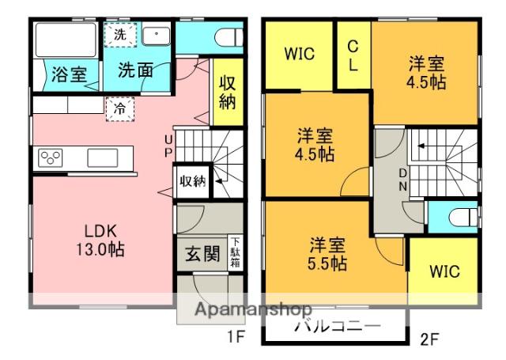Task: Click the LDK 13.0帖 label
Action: click(x=100, y=241)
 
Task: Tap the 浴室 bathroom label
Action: click(x=70, y=74)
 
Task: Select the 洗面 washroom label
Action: click(x=135, y=70)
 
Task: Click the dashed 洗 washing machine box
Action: click(x=120, y=34)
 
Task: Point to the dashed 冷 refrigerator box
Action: click(x=120, y=109)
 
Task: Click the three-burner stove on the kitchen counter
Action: click(x=50, y=158)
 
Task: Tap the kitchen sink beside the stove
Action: click(x=103, y=158)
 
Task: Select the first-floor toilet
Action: click(x=228, y=38)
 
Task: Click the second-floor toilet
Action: click(x=463, y=218)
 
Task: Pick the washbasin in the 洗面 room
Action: click(x=157, y=36)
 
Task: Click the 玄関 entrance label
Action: click(x=202, y=254)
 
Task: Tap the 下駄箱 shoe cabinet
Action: click(x=236, y=252)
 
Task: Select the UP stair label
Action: click(x=168, y=146)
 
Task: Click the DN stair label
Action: click(x=402, y=180)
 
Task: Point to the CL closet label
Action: click(x=353, y=56)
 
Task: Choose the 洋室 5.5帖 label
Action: click(x=327, y=254)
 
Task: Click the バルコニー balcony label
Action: click(x=338, y=326)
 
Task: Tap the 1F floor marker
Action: click(x=236, y=337)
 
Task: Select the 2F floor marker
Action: click(x=429, y=339)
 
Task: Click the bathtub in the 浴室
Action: click(x=66, y=40)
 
